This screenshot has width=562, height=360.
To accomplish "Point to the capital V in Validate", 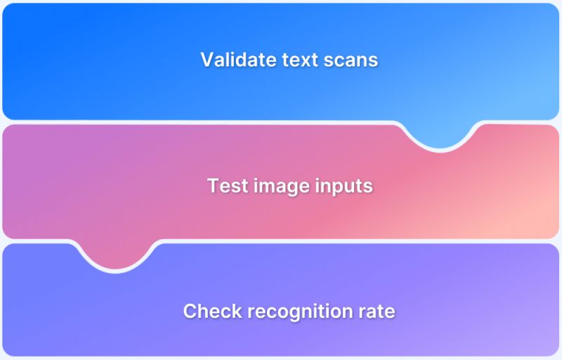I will pos(207,60).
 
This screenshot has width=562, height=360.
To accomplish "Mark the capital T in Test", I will pos(213,186).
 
